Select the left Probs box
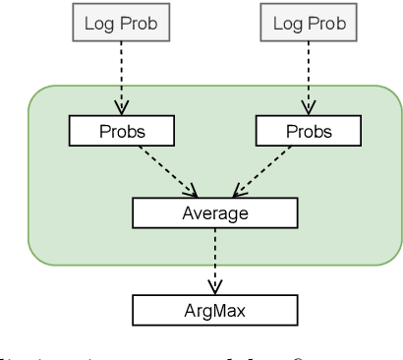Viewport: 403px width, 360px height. tap(121, 131)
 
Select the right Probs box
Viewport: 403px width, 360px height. tap(309, 131)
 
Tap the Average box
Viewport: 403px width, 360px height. tap(214, 211)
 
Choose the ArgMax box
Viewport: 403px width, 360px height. tap(214, 311)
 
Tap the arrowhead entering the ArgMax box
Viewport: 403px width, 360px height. tap(214, 288)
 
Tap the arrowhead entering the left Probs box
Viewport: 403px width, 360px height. tap(121, 109)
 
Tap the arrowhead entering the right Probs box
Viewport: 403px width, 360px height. tap(309, 109)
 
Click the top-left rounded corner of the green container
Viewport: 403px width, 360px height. tap(34, 94)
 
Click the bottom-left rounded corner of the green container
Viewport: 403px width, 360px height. tap(34, 258)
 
